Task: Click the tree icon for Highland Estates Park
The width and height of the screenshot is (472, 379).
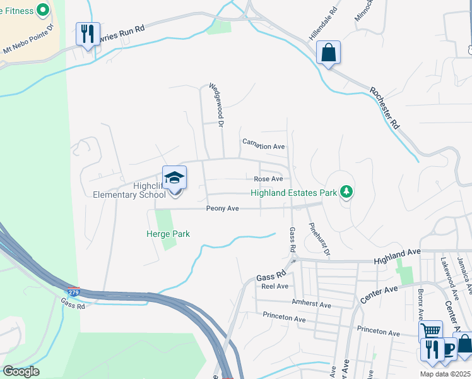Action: tap(346, 191)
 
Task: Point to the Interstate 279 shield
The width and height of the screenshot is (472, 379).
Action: tap(74, 292)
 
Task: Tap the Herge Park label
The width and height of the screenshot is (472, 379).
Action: tap(165, 234)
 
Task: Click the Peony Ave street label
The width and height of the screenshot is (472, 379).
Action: tap(222, 208)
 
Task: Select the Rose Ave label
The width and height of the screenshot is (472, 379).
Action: tap(268, 179)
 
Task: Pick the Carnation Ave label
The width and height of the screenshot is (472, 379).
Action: tap(264, 146)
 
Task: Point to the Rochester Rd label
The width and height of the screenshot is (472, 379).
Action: tap(384, 107)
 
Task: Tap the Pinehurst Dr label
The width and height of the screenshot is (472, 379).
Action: tap(319, 239)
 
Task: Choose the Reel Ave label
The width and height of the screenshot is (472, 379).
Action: tap(274, 286)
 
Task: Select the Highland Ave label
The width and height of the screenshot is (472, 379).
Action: tap(396, 256)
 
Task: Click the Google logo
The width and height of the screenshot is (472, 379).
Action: tap(21, 371)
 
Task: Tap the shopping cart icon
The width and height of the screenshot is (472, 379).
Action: tap(431, 331)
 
